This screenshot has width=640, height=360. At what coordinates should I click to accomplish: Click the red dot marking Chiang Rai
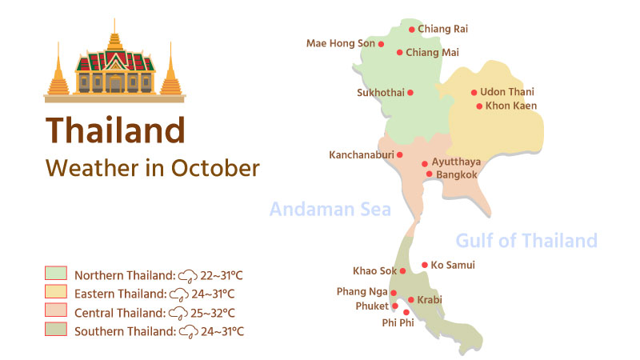[x=412, y=30]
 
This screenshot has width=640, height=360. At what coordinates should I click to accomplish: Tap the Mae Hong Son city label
[x=341, y=44]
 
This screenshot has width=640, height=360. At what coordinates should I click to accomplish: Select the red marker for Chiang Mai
[x=400, y=53]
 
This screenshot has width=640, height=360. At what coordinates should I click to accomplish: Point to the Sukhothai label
[x=380, y=93]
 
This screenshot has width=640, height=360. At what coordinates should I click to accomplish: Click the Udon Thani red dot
[x=474, y=93]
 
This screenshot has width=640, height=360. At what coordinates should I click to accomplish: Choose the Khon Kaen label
[x=511, y=106]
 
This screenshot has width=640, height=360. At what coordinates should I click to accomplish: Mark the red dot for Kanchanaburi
[x=400, y=155]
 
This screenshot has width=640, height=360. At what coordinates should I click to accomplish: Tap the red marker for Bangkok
[x=429, y=174]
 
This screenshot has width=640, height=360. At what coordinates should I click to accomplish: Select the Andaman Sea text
[x=330, y=210]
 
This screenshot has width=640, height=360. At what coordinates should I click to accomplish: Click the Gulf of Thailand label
[x=526, y=240]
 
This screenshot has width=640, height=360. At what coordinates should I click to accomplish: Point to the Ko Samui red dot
[x=424, y=265]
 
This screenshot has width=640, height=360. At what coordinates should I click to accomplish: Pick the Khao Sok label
[x=374, y=271]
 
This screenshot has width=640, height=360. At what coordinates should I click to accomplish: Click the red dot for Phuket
[x=395, y=306]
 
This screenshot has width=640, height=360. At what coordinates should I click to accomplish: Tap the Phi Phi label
[x=398, y=323]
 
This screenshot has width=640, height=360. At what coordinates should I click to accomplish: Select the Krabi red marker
[x=411, y=300]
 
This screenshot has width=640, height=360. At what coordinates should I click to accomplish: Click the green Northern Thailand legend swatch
[x=55, y=274]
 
